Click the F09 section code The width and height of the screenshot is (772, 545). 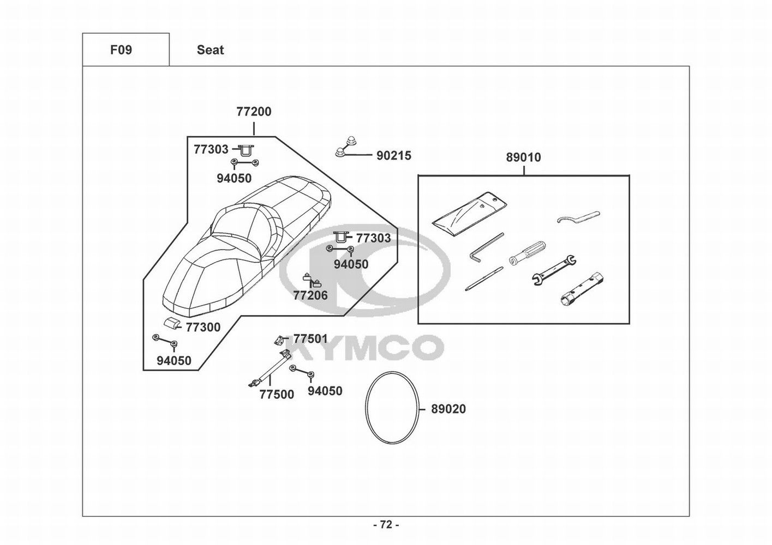(121, 50)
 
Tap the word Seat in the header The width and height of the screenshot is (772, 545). (210, 50)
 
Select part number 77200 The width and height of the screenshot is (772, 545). (254, 112)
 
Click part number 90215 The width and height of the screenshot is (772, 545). (393, 156)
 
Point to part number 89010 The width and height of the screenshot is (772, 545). (523, 158)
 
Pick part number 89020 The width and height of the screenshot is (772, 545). (448, 409)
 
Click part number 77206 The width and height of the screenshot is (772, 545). (310, 295)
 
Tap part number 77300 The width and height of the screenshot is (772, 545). (203, 327)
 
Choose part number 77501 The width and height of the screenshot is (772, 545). (310, 338)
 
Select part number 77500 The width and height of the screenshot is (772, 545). (277, 394)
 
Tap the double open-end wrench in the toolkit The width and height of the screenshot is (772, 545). (554, 270)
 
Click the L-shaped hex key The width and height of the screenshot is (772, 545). (486, 247)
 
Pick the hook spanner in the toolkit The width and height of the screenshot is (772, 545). (578, 217)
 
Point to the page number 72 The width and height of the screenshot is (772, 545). (386, 525)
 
